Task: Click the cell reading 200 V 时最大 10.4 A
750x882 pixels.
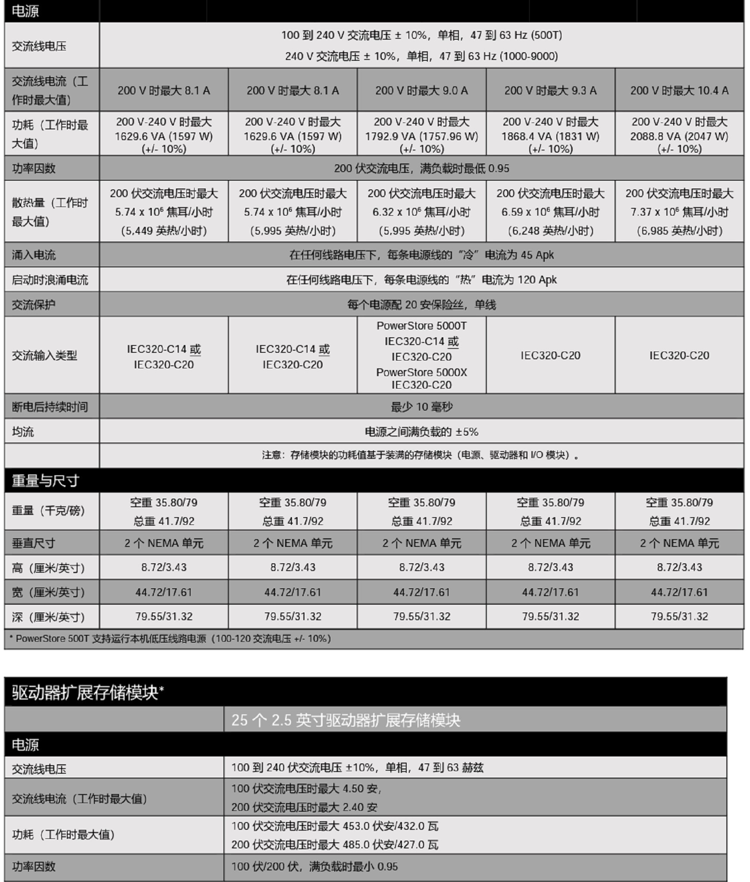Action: click(679, 91)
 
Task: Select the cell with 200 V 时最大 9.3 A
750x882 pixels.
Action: click(550, 91)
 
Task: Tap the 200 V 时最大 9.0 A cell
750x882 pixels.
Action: click(421, 91)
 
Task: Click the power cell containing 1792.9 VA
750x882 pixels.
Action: click(421, 136)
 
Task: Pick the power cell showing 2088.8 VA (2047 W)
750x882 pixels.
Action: click(679, 136)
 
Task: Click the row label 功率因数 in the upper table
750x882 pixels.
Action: click(34, 168)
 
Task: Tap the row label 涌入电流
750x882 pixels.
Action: click(34, 255)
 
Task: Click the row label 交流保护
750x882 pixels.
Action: click(34, 305)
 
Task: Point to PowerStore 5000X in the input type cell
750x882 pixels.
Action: click(421, 372)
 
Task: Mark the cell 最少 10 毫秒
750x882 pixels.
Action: click(421, 407)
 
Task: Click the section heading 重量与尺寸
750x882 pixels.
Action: click(45, 480)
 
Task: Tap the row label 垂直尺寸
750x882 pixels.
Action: click(34, 543)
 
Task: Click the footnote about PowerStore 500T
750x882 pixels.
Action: click(170, 638)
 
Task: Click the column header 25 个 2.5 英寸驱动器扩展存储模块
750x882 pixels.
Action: click(345, 720)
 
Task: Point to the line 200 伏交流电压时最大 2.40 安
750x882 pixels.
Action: click(304, 807)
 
